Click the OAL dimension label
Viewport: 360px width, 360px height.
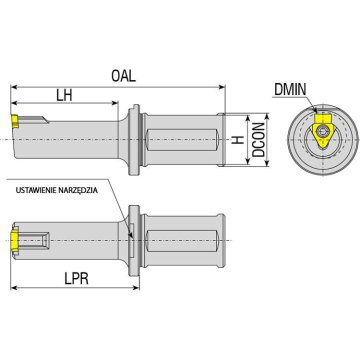tap(123, 76)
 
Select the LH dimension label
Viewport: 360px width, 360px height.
tap(64, 95)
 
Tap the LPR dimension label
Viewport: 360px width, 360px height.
tap(76, 278)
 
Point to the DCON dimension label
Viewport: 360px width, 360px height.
tap(258, 140)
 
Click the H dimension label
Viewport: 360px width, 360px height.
tap(237, 140)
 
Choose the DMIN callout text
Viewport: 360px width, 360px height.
tap(290, 89)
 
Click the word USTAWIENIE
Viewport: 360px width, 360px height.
tap(36, 190)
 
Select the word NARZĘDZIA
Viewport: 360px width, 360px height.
tap(77, 190)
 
